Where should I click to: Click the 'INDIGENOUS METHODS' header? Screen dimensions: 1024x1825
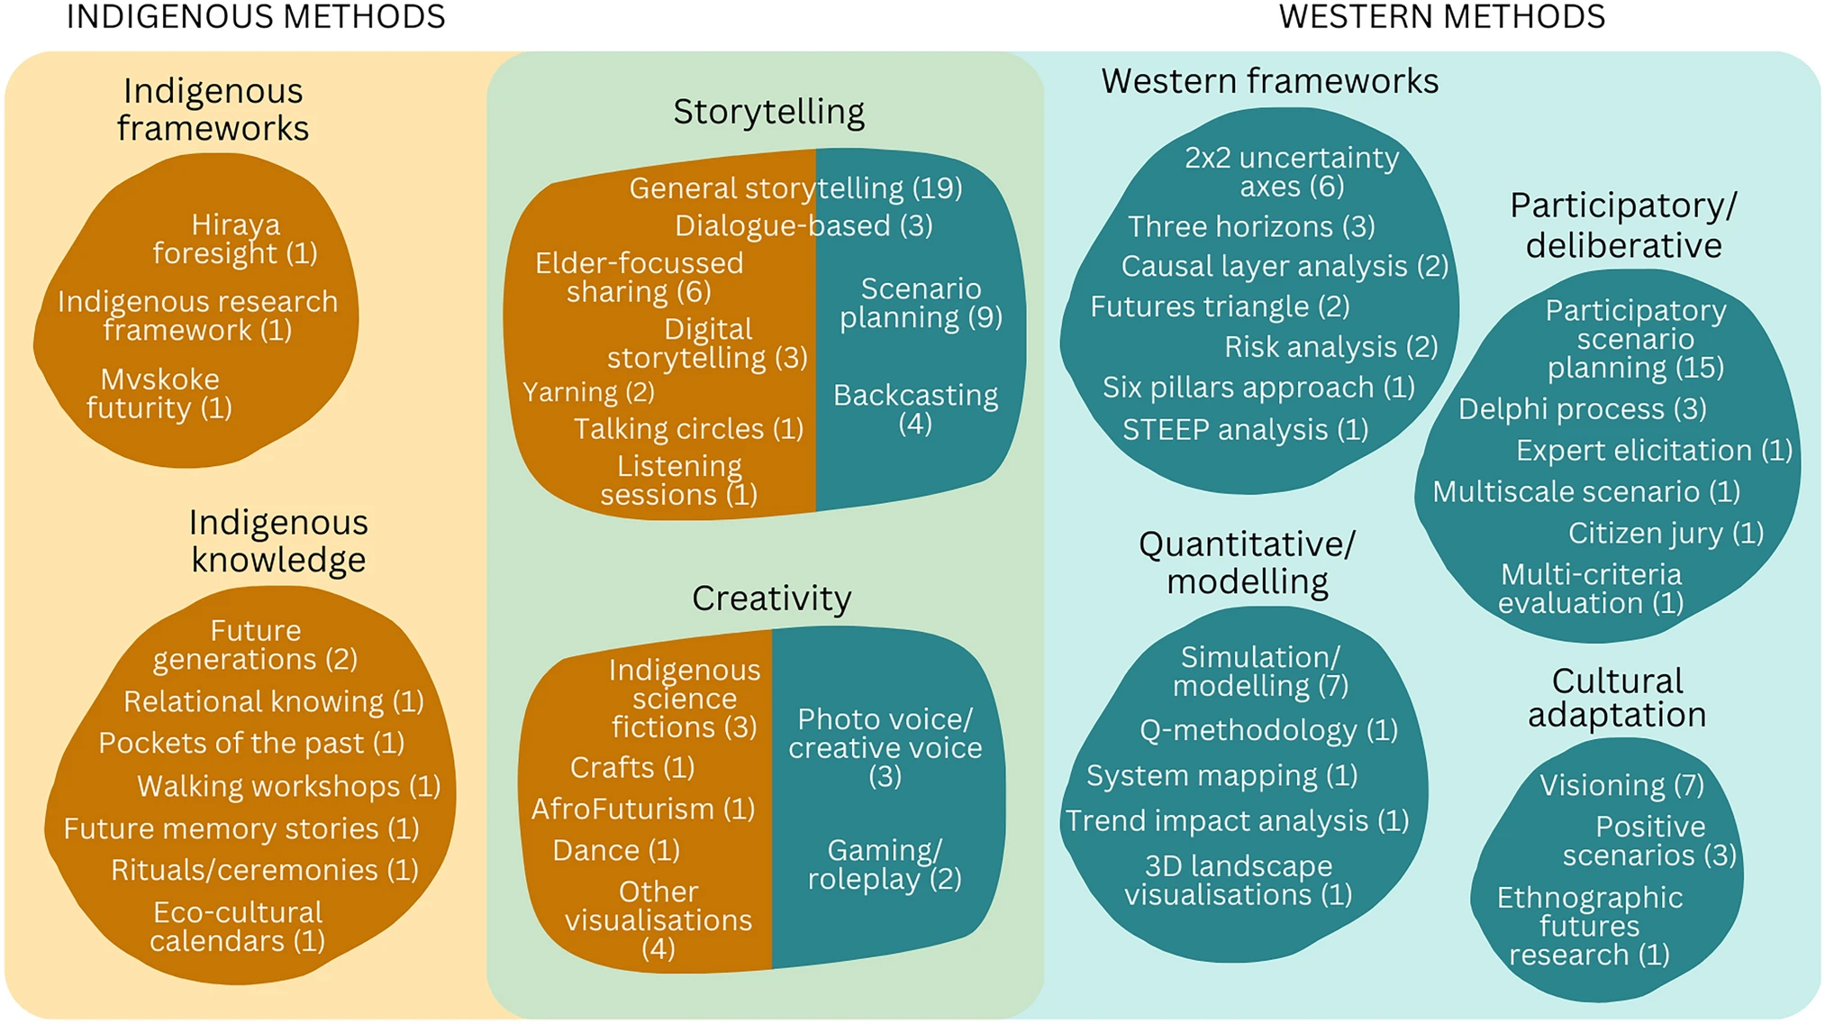pos(256,17)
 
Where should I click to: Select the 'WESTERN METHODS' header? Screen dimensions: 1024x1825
pos(1441,17)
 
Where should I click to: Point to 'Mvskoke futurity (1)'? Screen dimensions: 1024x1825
pos(159,393)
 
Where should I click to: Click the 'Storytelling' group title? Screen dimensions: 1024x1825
pos(768,112)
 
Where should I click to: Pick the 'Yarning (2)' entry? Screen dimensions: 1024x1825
pos(588,392)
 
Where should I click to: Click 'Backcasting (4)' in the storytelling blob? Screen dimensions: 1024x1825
pos(915,409)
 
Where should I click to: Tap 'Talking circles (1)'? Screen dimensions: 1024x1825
pos(688,429)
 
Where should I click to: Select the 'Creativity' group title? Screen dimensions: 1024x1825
pos(771,599)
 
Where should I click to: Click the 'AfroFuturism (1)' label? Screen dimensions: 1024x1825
pos(643,809)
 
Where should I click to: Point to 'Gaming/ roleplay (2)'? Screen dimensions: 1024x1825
pos(885,864)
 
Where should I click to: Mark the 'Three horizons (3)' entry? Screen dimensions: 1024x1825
pos(1251,226)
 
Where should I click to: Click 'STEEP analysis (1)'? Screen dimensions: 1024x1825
pos(1245,430)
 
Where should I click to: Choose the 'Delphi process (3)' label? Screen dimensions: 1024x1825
pos(1582,409)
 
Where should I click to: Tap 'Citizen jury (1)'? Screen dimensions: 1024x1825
pos(1666,534)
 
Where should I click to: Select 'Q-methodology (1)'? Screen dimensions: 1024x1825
pos(1268,730)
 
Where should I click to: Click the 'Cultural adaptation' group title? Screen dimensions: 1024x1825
pos(1617,698)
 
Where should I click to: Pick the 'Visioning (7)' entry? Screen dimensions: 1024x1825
pos(1621,785)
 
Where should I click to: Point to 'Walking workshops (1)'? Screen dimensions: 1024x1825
pos(288,787)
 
